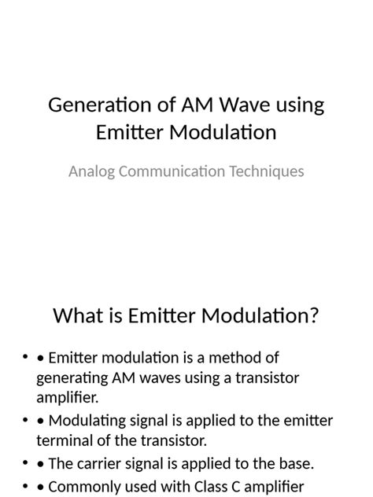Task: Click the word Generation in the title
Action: click(x=92, y=105)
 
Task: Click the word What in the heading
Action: click(x=78, y=316)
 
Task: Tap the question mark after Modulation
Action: click(x=313, y=316)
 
